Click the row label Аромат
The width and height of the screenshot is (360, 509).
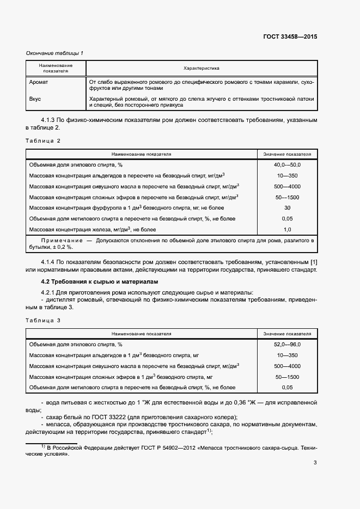coord(39,82)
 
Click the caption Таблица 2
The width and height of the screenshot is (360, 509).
coord(44,140)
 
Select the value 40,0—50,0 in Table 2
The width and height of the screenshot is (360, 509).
coord(287,164)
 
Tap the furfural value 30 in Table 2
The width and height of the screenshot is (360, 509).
coord(287,207)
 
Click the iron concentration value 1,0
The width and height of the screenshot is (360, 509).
coord(287,229)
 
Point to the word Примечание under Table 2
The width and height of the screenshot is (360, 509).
coord(60,240)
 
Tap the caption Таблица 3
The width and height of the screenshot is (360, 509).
coord(44,321)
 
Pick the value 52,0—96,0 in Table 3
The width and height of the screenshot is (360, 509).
coord(287,344)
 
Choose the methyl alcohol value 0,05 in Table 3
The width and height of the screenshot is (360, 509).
coord(287,388)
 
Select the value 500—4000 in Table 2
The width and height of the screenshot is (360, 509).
coord(287,186)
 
